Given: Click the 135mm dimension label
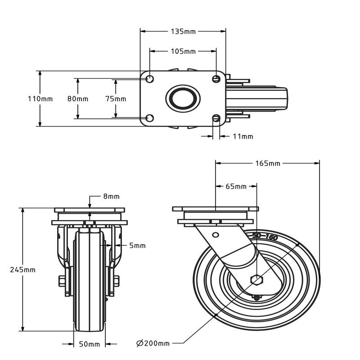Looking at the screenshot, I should point(183,31).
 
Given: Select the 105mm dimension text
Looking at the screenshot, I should point(183,51).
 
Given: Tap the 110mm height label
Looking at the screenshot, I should point(40,99).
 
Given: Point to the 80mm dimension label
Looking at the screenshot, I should point(78,99).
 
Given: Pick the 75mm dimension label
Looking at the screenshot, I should point(116,99).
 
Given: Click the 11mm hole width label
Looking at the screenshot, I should point(243,136).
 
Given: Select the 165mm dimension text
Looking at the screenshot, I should point(267,163).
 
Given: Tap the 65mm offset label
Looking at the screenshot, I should point(236,186).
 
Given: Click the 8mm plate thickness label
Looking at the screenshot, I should point(111,196).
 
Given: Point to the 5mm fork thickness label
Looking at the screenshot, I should point(137,245).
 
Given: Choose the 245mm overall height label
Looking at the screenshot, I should point(23,270).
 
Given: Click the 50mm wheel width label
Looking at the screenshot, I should point(89,344).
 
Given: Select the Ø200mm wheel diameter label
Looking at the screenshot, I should point(153,343).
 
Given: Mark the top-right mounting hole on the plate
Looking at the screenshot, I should point(216,79).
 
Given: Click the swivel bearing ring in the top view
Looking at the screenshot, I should point(183,98).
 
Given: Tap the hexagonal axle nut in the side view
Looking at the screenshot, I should point(256,280).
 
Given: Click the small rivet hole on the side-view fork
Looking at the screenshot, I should point(216,235).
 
